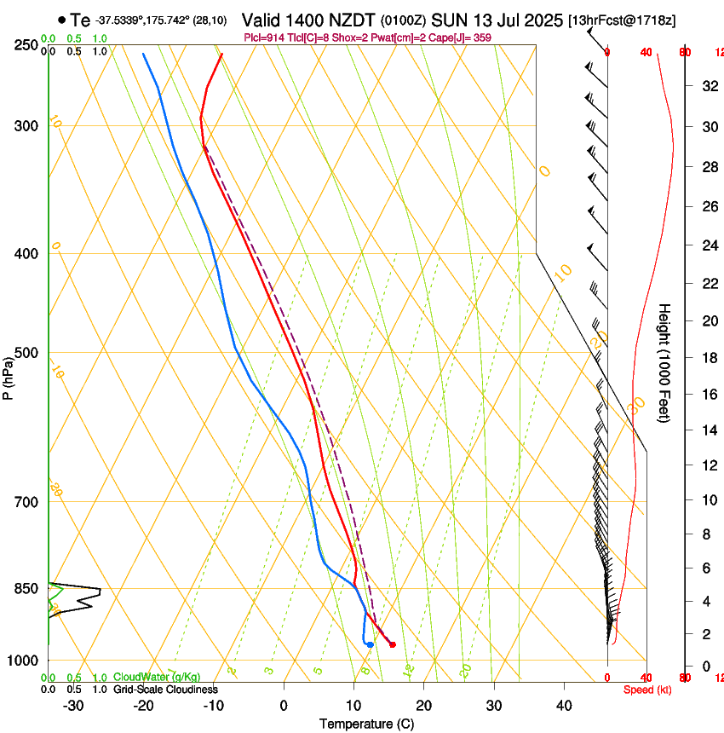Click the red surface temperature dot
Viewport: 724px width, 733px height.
point(392,644)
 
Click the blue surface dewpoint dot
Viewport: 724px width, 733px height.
point(370,644)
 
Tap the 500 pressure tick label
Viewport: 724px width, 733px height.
point(26,353)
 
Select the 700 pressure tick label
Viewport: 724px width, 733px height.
point(26,502)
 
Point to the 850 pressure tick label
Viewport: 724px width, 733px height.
point(26,589)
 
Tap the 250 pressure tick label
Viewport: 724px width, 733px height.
point(26,45)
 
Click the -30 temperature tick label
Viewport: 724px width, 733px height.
point(73,706)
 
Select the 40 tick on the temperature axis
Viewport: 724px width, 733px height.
point(564,706)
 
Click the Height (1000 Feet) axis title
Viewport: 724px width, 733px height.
point(665,363)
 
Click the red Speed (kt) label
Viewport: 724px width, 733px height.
point(647,690)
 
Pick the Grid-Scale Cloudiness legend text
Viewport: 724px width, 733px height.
point(166,690)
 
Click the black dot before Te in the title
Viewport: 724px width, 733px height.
point(62,20)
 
